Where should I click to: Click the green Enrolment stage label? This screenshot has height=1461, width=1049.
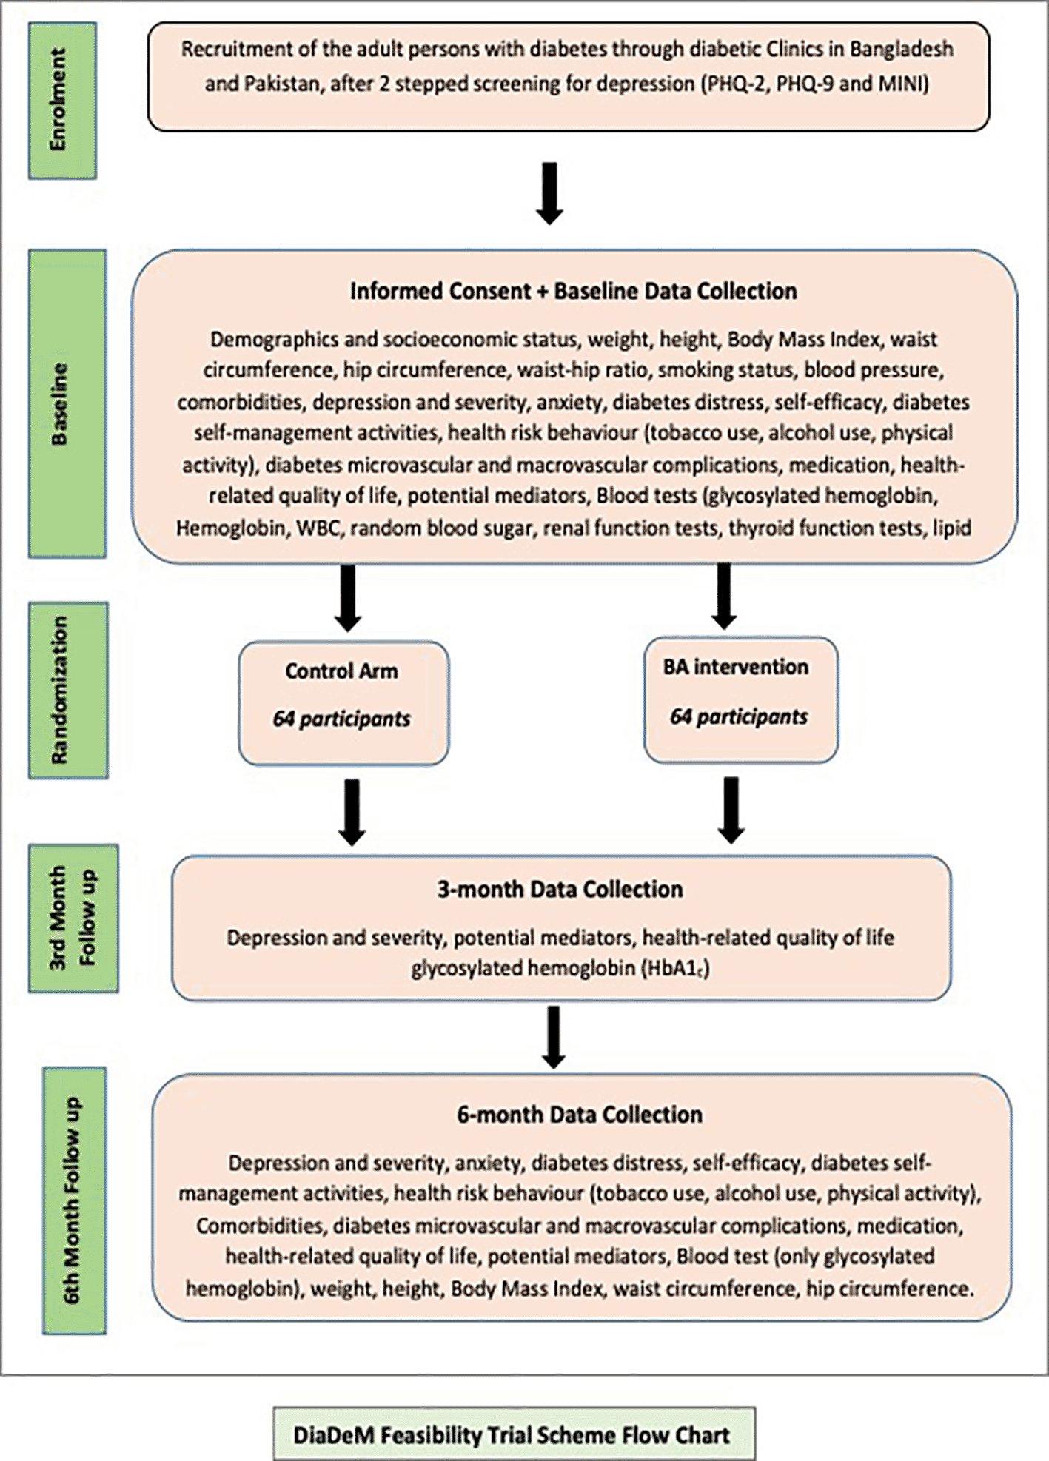[x=62, y=101]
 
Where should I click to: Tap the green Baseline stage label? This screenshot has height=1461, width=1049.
[x=67, y=403]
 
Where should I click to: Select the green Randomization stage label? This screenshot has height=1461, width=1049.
[x=68, y=690]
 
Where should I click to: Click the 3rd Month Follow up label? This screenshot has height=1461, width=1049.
[x=73, y=918]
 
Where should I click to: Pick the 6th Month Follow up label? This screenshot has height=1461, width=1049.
[x=74, y=1200]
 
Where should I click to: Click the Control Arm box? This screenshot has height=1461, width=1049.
[x=343, y=702]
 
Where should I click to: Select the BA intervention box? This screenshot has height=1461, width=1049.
[x=741, y=700]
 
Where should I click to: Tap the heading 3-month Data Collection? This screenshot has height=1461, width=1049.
[x=560, y=889]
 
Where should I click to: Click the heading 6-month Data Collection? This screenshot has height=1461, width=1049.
[x=580, y=1115]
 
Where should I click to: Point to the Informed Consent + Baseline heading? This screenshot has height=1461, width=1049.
[x=574, y=291]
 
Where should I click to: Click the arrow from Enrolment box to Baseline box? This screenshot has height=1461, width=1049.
[x=549, y=193]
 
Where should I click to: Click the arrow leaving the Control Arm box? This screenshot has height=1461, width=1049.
[x=352, y=812]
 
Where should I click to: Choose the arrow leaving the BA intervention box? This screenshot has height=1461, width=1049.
[x=731, y=810]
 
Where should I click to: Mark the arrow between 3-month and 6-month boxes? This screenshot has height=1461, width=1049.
[x=554, y=1036]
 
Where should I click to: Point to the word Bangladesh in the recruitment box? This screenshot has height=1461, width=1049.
[x=901, y=50]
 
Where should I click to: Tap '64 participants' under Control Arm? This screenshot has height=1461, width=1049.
[x=341, y=719]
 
